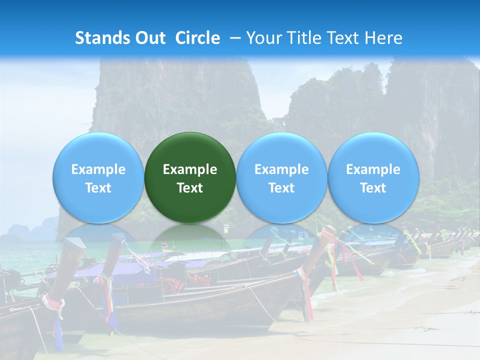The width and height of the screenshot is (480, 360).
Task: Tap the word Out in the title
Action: pos(149,38)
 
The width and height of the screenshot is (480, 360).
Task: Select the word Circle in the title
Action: pos(197,38)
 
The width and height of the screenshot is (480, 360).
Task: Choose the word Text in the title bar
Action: pos(341,38)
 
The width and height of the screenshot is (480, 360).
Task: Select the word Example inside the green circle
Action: pos(190,169)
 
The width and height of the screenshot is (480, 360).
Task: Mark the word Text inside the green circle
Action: pos(190,188)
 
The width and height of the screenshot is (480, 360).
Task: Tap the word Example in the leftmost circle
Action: pos(98,169)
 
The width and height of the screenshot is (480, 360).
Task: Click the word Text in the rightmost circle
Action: pos(373,188)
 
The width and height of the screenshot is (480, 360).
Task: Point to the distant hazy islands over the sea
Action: pos(30,231)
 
